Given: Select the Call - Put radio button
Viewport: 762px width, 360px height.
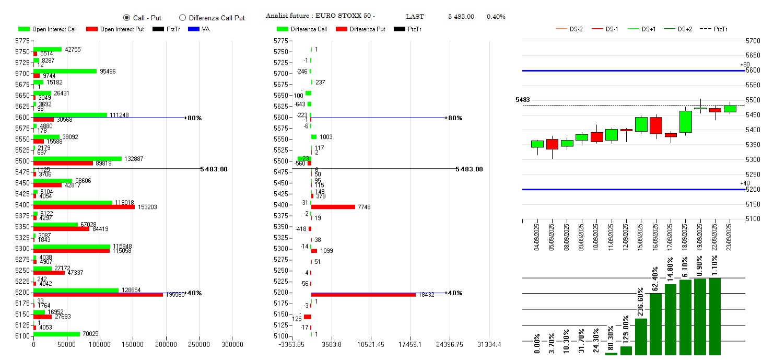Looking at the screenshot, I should pyautogui.click(x=126, y=17).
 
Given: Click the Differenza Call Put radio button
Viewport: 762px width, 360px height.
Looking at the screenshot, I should pyautogui.click(x=182, y=17).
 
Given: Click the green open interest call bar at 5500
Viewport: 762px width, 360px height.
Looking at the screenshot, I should pyautogui.click(x=77, y=159).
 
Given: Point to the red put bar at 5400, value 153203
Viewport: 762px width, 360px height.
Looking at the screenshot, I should pyautogui.click(x=84, y=207).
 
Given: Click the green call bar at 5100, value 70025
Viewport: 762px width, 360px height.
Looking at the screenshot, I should pyautogui.click(x=56, y=334).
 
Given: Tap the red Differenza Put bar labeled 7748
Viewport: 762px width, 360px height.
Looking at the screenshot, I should pyautogui.click(x=333, y=207).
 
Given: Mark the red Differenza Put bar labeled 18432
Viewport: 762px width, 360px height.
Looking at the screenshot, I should pyautogui.click(x=363, y=295).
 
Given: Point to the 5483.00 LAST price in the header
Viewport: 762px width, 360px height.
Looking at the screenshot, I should pyautogui.click(x=461, y=17).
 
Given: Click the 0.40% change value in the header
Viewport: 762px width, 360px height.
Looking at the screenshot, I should pyautogui.click(x=496, y=17).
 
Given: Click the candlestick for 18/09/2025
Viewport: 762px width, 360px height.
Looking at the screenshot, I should pyautogui.click(x=685, y=121).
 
